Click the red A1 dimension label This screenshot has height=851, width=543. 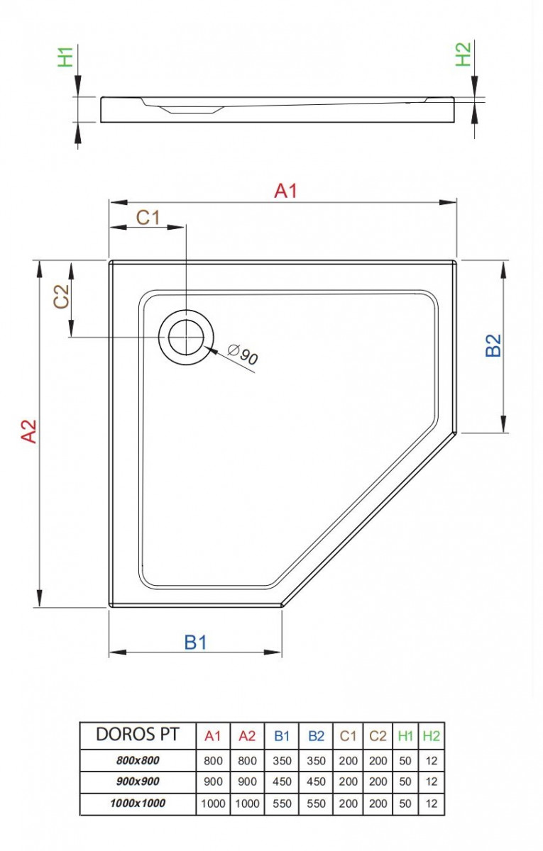(285, 191)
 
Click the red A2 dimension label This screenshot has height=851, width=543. (28, 431)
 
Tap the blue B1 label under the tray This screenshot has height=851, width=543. (195, 642)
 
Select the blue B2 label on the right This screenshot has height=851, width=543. (493, 345)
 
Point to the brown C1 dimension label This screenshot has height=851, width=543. (148, 218)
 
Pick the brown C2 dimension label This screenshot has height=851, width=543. (61, 296)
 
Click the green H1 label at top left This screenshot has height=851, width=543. (65, 56)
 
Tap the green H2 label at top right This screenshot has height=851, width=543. (463, 55)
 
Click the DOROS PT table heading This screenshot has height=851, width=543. (138, 735)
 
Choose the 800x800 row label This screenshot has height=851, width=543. (138, 760)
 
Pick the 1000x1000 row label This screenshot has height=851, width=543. (138, 803)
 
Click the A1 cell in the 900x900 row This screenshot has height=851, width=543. (213, 782)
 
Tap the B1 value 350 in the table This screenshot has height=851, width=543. (282, 760)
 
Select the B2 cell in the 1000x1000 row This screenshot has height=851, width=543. (316, 803)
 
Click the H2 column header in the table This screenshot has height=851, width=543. (431, 736)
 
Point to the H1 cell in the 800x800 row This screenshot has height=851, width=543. (405, 760)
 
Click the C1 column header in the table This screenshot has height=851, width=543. (348, 736)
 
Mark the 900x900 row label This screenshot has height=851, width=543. (138, 782)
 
